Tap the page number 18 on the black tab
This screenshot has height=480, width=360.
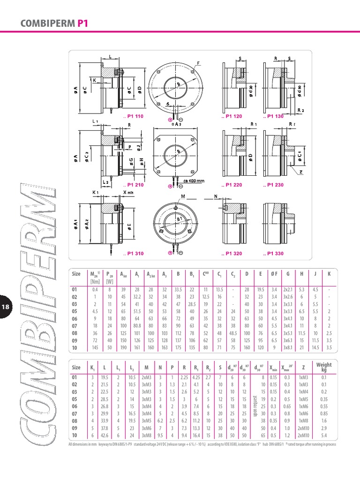coord(6,307)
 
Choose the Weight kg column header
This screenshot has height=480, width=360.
coord(323,367)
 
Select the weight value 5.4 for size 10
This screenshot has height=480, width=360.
coord(323,435)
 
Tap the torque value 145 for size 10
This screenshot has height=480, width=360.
coord(95,348)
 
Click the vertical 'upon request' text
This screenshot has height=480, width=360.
coord(255,406)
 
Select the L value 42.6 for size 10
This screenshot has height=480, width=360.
coord(105,435)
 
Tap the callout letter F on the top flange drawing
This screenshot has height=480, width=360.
coord(198,63)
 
